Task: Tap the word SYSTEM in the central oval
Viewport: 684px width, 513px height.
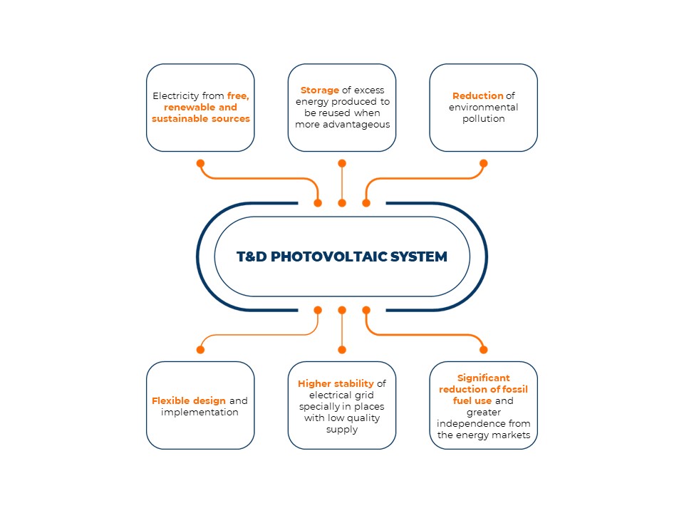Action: click(x=419, y=256)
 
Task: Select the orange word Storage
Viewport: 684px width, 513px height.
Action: click(x=320, y=90)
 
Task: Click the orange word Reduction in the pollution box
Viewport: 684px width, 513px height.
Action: click(x=477, y=95)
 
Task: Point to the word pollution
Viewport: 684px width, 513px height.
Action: click(x=483, y=119)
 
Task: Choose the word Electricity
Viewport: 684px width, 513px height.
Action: click(x=176, y=96)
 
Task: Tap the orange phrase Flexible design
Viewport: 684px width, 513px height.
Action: click(x=188, y=401)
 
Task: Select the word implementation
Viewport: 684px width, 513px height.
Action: click(x=199, y=413)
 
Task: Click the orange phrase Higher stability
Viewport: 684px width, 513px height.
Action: click(x=336, y=384)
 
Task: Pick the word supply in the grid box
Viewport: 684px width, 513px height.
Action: click(x=342, y=430)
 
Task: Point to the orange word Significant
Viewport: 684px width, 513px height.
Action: click(x=483, y=378)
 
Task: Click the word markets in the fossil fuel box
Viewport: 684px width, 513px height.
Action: click(x=511, y=435)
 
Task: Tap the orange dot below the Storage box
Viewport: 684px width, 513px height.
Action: click(x=342, y=163)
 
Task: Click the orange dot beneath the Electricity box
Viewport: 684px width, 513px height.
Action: click(x=200, y=163)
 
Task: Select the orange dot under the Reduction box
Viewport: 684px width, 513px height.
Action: click(x=483, y=163)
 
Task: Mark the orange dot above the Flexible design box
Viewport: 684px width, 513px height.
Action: click(x=200, y=349)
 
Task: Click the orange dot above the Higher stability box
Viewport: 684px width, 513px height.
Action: click(x=342, y=349)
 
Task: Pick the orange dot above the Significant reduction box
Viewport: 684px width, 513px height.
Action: click(x=483, y=349)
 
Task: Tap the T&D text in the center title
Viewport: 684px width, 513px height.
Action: click(x=252, y=256)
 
